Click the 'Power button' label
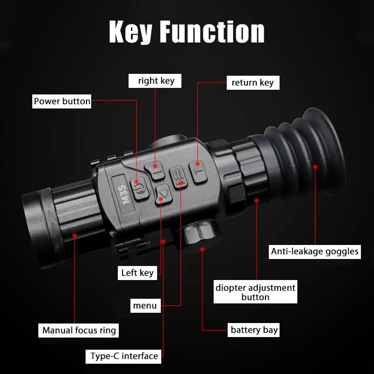(x=62, y=101)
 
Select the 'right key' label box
(x=156, y=80)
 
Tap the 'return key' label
(x=252, y=83)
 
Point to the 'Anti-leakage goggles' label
(x=315, y=252)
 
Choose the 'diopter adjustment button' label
(x=255, y=292)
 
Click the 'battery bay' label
(x=254, y=330)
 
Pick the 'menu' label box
(x=145, y=306)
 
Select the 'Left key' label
(x=137, y=273)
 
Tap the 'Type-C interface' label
(x=124, y=356)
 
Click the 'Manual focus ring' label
(x=79, y=330)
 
